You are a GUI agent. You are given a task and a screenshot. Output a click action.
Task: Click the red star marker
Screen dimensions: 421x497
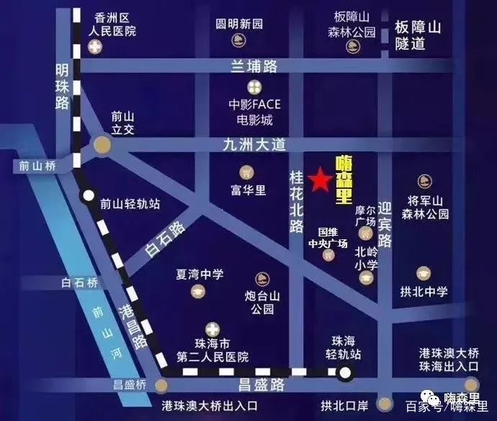pos(318,180)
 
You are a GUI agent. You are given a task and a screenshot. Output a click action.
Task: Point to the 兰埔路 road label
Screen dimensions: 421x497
pos(253,66)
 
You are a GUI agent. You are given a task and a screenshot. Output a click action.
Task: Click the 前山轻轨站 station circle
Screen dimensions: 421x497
pos(88,195)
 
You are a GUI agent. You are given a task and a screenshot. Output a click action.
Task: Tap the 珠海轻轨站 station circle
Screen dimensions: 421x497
pos(346,373)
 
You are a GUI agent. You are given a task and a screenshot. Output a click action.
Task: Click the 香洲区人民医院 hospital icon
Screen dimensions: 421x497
pos(94,48)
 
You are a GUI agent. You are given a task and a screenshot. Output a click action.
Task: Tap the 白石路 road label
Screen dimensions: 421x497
pos(165,239)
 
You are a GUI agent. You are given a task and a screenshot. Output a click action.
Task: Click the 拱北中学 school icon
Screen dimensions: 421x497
pos(423,273)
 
